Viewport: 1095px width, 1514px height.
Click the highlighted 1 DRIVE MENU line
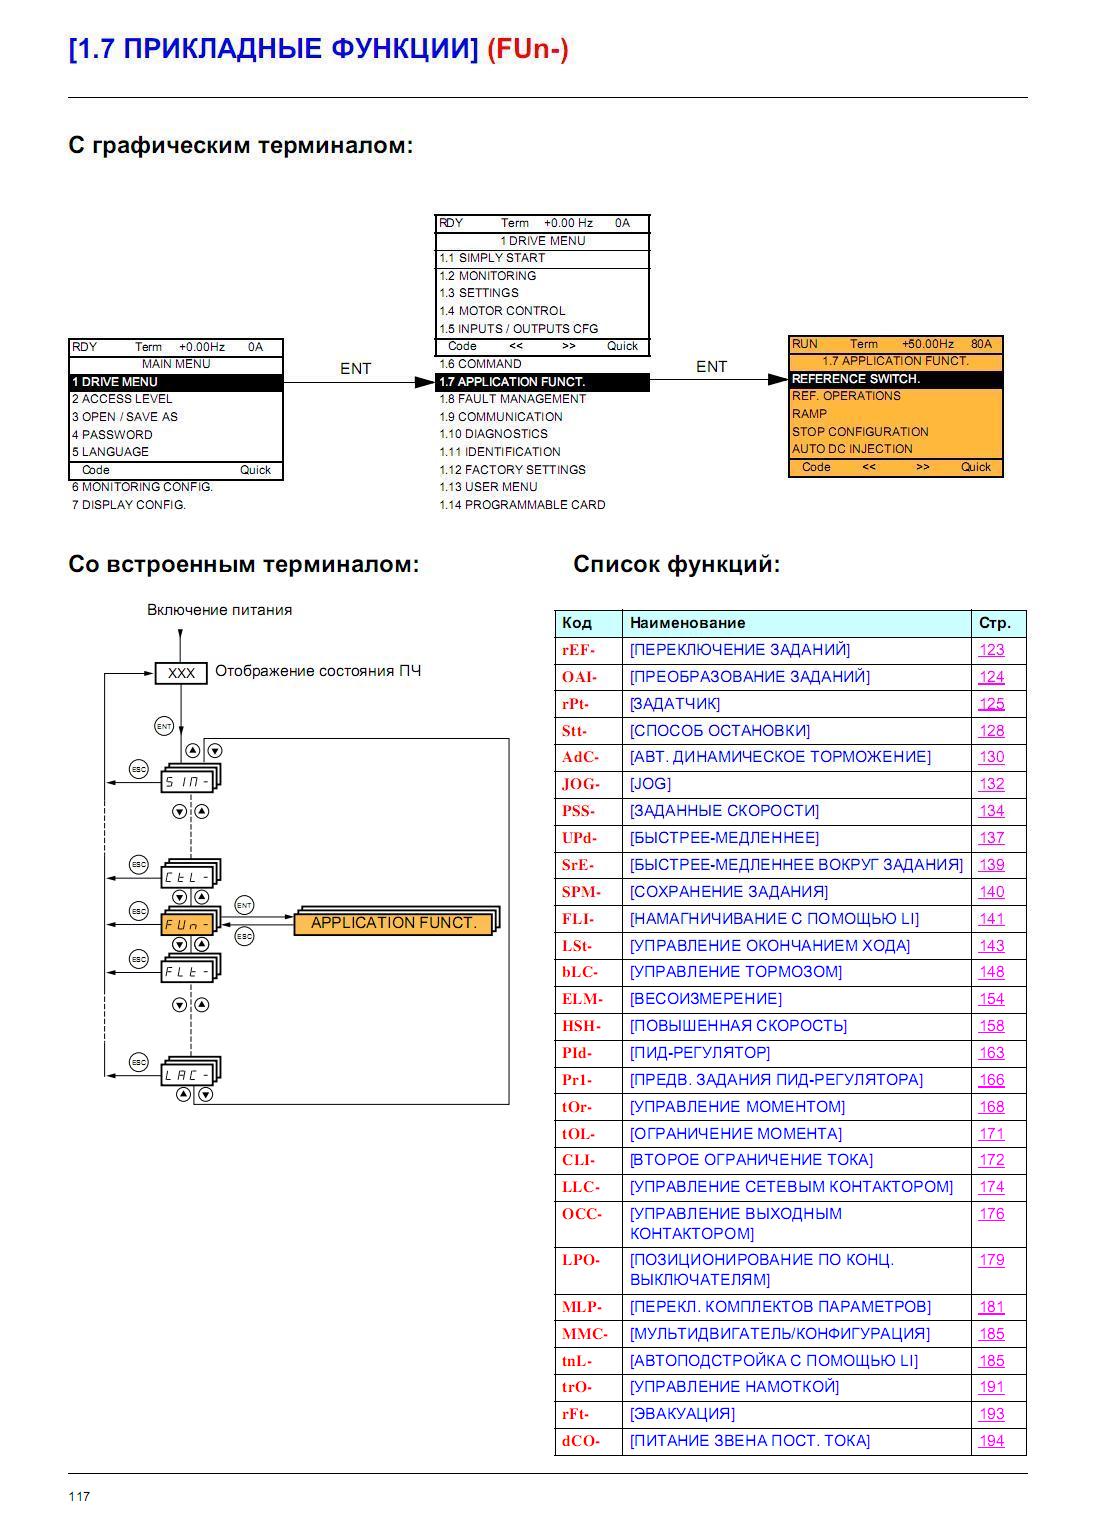pos(176,382)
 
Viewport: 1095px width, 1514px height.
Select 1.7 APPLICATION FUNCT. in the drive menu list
pos(542,382)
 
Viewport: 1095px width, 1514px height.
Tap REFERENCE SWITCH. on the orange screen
pos(896,379)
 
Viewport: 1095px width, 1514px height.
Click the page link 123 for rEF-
pos(991,650)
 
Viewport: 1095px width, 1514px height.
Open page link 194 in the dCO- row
pos(991,1440)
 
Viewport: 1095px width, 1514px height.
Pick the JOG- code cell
pos(588,784)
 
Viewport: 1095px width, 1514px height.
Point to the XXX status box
pos(181,673)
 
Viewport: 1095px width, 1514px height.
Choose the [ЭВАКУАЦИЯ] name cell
pos(796,1413)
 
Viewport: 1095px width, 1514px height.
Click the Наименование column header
pos(687,622)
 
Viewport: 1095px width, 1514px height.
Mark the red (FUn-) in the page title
pos(528,49)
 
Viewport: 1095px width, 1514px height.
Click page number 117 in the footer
pos(79,1496)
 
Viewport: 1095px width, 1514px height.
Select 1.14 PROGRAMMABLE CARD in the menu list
pos(522,505)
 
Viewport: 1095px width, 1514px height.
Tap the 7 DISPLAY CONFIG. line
pos(128,505)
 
